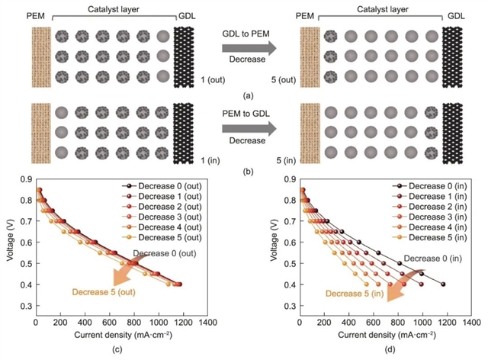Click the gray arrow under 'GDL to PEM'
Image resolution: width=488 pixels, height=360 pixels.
(247, 49)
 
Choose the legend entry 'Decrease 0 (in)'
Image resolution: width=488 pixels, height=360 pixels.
(421, 187)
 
